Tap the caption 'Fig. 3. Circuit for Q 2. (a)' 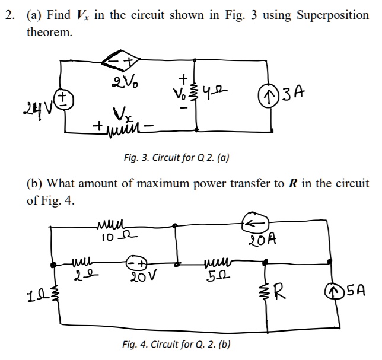pyautogui.click(x=176, y=158)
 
